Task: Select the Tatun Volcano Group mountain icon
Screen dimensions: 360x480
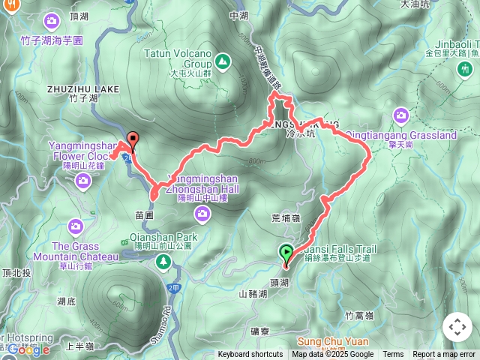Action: (x=222, y=61)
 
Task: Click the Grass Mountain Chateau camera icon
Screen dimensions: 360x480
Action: (x=75, y=225)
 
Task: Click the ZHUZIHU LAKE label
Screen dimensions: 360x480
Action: (x=82, y=88)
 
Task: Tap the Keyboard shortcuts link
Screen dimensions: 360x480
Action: (x=250, y=355)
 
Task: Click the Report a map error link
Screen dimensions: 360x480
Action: (x=444, y=355)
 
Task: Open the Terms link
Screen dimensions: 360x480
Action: (x=393, y=355)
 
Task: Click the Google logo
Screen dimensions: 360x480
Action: (x=28, y=349)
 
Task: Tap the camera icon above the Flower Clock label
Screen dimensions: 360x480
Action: (x=82, y=179)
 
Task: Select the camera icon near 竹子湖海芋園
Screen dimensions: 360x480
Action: (x=52, y=19)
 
